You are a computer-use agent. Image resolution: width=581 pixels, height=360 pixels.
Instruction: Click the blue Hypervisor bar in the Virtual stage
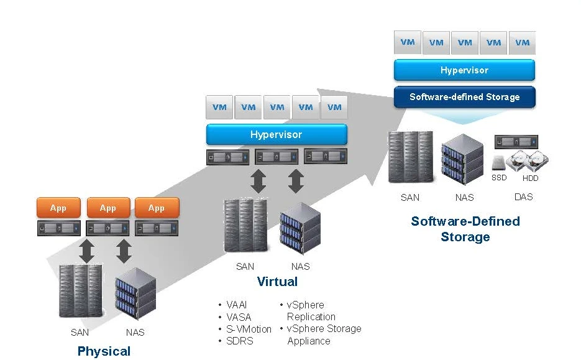pos(277,135)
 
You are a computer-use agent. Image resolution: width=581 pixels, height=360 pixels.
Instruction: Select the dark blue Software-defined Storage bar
pos(464,97)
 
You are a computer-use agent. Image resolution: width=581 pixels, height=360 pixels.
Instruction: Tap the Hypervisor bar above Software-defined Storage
pos(464,70)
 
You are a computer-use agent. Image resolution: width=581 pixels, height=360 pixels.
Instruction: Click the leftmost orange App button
pos(58,208)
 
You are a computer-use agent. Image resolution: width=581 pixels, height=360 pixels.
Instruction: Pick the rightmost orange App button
pos(156,208)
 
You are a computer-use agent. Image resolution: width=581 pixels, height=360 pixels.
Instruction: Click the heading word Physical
pos(104,351)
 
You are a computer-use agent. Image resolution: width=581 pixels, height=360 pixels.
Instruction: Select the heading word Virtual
pos(277,282)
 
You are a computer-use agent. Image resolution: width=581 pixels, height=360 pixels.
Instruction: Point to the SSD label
pos(499,178)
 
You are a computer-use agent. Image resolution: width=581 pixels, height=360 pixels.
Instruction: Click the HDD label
pos(530,178)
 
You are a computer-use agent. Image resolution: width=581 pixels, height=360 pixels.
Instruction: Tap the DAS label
pos(523,197)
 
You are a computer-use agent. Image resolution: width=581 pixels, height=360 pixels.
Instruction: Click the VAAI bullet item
pos(237,305)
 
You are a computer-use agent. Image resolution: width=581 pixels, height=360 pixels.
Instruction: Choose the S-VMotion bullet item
pos(249,329)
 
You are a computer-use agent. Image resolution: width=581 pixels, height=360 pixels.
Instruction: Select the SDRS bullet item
pos(240,341)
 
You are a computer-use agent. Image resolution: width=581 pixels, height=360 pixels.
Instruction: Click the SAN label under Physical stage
pos(80,333)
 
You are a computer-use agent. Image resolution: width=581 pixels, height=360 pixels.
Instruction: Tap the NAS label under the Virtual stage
pos(300,267)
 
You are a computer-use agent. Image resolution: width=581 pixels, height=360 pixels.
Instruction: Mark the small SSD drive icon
pos(499,163)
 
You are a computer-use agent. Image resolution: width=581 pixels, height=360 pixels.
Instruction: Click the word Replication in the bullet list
pos(311,317)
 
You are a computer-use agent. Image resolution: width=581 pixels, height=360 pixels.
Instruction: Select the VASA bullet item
pos(239,317)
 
